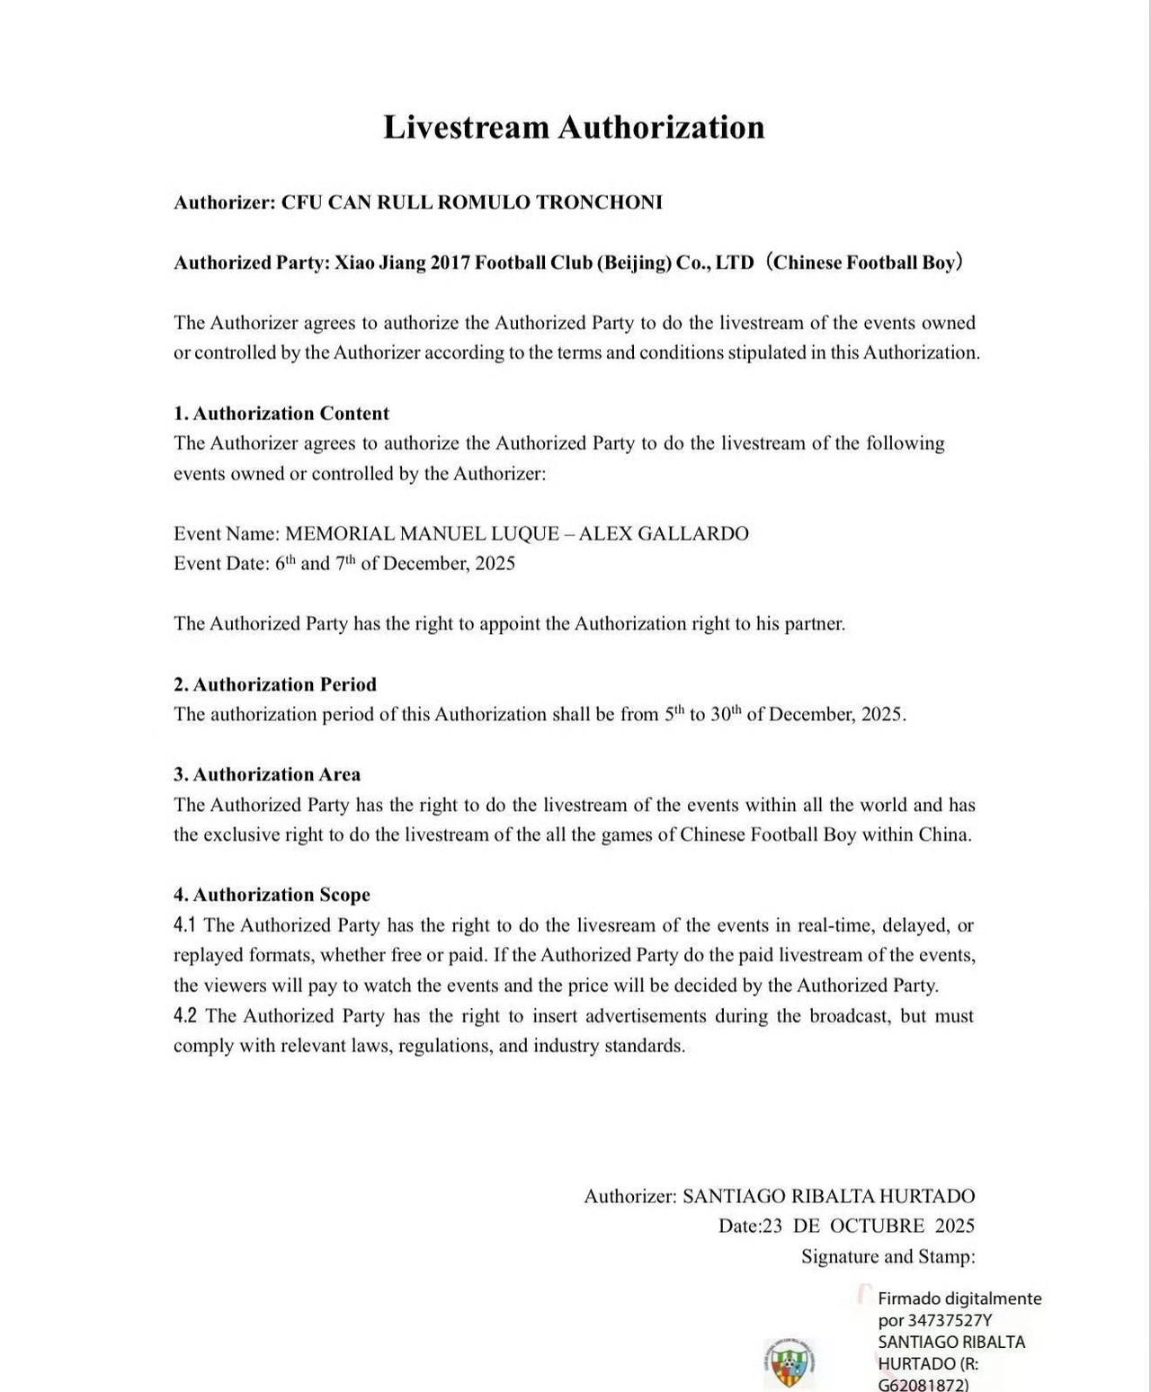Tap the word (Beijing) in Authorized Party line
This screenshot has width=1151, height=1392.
[638, 263]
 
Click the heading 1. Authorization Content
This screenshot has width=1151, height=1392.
[281, 414]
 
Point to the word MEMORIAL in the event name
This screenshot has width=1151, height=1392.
[339, 534]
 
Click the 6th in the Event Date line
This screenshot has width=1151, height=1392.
[285, 563]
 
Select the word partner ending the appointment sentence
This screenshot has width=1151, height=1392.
[813, 624]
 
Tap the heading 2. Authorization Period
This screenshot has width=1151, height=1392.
[275, 684]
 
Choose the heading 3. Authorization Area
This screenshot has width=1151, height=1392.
[267, 774]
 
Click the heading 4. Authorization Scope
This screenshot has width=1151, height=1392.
[272, 895]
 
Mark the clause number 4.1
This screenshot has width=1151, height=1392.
[184, 925]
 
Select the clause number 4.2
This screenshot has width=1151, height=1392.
[185, 1016]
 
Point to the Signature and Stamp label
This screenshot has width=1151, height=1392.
[888, 1256]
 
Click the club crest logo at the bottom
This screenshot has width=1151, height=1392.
[789, 1361]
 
